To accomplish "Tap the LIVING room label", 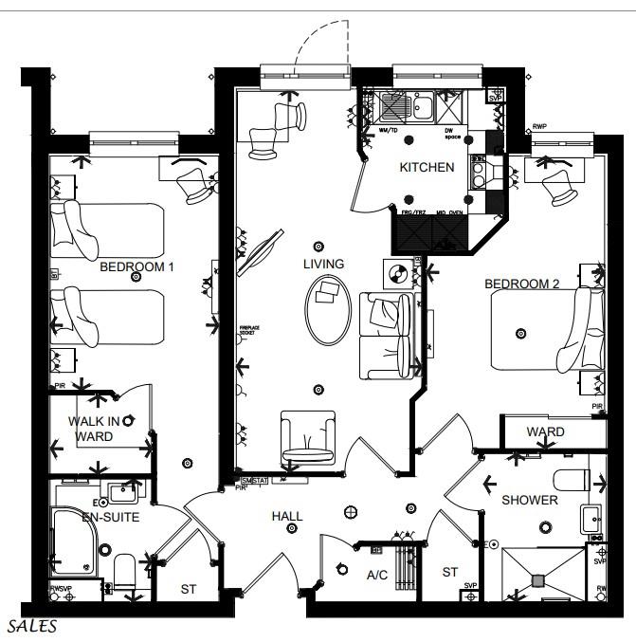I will [x=323, y=264].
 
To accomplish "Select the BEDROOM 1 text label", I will [x=137, y=267].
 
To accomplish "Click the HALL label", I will [x=287, y=517].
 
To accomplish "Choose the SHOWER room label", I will [x=530, y=500].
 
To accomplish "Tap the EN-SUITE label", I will [x=110, y=518].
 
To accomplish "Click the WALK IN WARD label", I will [x=93, y=429].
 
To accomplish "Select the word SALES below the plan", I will [x=32, y=627].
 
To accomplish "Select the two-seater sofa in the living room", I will [x=387, y=335].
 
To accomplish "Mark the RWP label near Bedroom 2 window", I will [x=539, y=126].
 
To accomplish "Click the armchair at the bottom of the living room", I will [x=309, y=440].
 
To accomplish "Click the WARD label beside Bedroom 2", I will [x=545, y=431].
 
